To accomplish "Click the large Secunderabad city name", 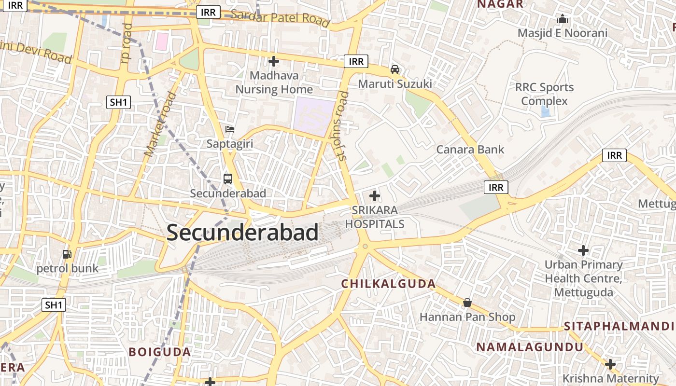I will point(242,233).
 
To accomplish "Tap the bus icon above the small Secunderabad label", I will point(228,179).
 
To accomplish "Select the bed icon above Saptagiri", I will point(230,129).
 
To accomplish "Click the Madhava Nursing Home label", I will point(274,83).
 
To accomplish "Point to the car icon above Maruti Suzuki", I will point(395,69).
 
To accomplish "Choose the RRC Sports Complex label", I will point(544,94).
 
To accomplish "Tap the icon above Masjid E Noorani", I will point(562,19).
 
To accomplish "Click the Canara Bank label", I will point(470,150).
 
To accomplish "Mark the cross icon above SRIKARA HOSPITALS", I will point(374,196).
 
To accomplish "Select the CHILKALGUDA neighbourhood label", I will point(388,284).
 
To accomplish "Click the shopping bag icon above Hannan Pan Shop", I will point(467,303).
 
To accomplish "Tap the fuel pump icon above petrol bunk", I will point(67,254).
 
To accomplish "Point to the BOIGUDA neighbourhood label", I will point(160,352).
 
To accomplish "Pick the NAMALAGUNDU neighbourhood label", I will point(530,347).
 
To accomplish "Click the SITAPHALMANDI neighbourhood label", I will point(620,326).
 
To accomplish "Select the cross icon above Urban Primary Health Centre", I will point(583,250).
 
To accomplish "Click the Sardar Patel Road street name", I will point(280,18).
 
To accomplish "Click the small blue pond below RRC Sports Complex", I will point(545,112).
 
